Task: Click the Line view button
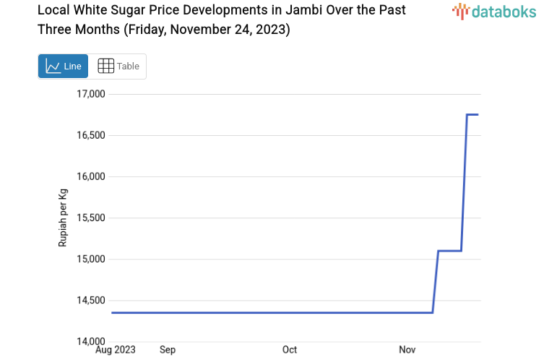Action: (x=63, y=66)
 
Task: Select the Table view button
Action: (x=118, y=66)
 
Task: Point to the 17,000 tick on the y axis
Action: (x=91, y=94)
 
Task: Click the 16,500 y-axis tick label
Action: (x=91, y=135)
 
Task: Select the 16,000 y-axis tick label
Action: (x=91, y=176)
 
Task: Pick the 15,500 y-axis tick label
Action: (x=91, y=218)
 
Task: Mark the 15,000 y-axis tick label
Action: (x=91, y=259)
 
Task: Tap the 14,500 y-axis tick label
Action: (x=91, y=300)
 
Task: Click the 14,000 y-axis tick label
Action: (x=91, y=341)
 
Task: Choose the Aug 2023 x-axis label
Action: (x=116, y=350)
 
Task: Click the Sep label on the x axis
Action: (x=168, y=350)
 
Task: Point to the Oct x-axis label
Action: (x=290, y=350)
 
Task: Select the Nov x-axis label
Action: (x=407, y=350)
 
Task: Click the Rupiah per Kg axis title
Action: (x=63, y=218)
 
